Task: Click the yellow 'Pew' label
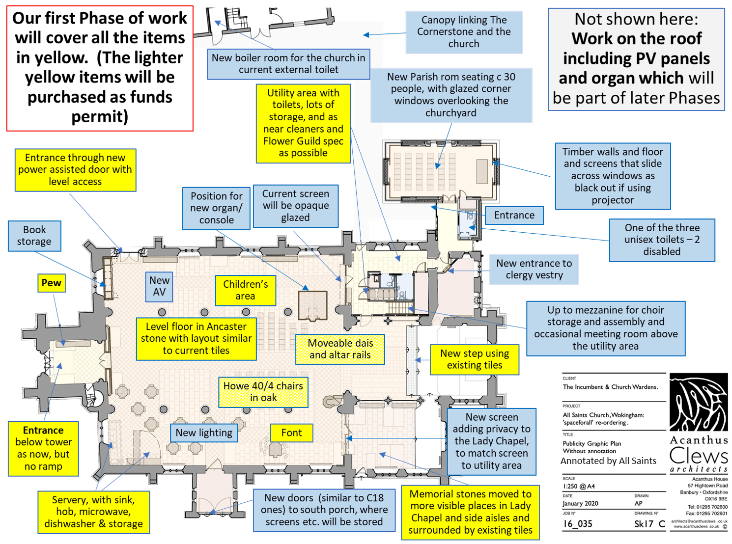point(52,283)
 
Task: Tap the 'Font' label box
point(291,433)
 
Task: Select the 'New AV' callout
point(159,286)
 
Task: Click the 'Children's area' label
point(245,290)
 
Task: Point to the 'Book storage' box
point(34,236)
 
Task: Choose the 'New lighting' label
point(204,433)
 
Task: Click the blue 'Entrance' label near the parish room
point(514,215)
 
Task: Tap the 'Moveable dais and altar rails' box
point(340,349)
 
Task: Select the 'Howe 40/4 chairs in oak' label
point(263,392)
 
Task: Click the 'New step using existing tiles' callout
point(475,359)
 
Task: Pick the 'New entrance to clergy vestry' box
point(534,269)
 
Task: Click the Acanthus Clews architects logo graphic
point(699,402)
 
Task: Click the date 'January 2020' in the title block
point(580,503)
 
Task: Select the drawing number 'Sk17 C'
point(649,524)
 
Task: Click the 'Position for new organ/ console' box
point(217,208)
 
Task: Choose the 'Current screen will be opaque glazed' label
point(296,206)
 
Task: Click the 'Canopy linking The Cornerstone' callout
point(464,32)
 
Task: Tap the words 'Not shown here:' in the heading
point(636,19)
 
